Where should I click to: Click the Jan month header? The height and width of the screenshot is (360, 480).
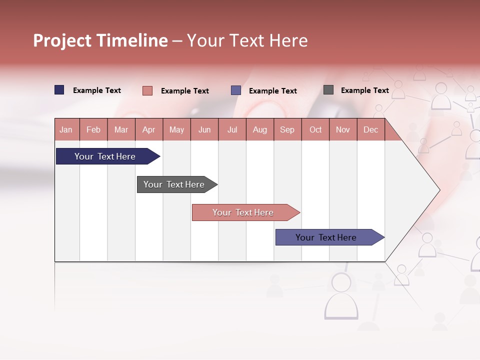click(x=66, y=129)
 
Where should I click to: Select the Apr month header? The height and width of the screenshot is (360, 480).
click(x=148, y=129)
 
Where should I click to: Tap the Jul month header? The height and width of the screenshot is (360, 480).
click(x=232, y=129)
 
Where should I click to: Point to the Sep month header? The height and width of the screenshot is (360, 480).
click(x=287, y=129)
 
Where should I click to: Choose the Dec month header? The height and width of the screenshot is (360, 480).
click(x=370, y=129)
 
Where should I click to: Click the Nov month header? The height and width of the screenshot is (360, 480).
click(x=342, y=129)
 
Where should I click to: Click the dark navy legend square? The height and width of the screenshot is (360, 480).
click(x=59, y=90)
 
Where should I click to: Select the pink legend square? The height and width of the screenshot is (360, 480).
click(x=147, y=90)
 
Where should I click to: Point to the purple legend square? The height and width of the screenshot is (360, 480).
click(x=236, y=90)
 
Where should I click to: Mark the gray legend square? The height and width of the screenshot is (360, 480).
click(x=328, y=90)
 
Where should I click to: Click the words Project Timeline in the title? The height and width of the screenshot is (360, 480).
click(x=100, y=40)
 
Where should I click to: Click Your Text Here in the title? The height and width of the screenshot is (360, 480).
click(x=247, y=40)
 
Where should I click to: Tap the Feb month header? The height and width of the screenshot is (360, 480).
click(x=93, y=129)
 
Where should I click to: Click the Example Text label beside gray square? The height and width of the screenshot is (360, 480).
click(x=364, y=90)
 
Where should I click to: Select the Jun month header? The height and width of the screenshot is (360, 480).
click(x=204, y=129)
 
